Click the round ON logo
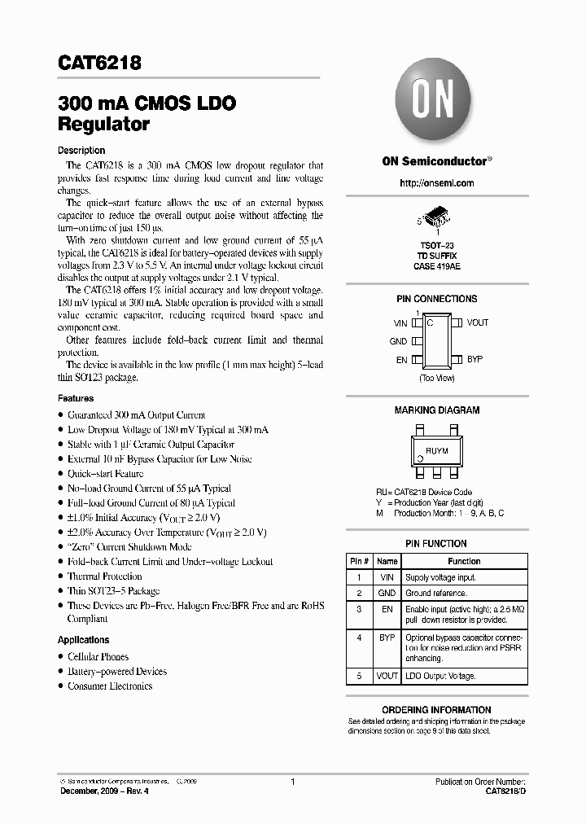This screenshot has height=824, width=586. tap(436, 99)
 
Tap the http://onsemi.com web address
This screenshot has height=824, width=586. tap(436, 184)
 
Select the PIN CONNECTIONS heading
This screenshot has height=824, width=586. tap(436, 299)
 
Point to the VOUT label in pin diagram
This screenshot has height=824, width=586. tap(478, 322)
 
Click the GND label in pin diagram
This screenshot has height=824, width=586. tap(398, 342)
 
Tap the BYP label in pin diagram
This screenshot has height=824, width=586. tap(474, 359)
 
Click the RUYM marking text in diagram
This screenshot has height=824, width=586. tap(437, 449)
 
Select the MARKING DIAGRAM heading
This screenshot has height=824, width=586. tap(436, 410)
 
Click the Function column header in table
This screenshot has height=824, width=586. tap(464, 561)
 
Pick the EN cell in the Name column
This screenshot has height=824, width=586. tap(387, 609)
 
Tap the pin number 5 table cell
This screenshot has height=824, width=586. tap(359, 676)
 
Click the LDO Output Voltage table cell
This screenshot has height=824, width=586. tap(440, 676)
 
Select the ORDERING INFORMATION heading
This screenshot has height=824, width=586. tap(436, 710)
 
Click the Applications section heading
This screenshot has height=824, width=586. tap(83, 640)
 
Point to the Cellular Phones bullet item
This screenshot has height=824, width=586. tap(98, 656)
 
